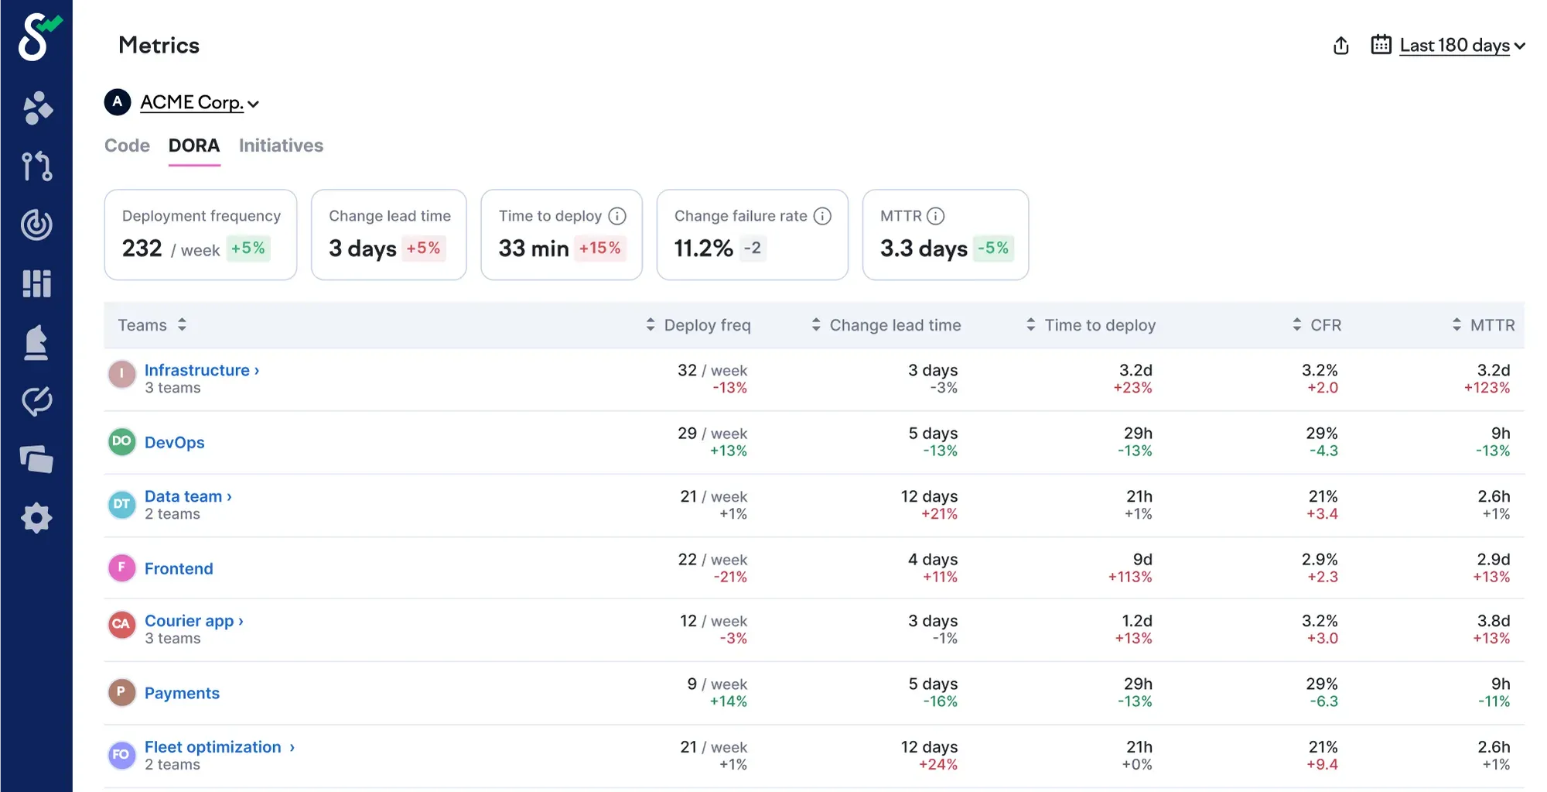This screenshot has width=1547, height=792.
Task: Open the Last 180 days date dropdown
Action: [1454, 46]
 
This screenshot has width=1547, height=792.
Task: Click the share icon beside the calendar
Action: [1341, 46]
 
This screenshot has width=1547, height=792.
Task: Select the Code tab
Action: [127, 146]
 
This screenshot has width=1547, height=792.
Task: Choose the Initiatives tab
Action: [281, 146]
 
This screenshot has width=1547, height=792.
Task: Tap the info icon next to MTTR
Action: [935, 216]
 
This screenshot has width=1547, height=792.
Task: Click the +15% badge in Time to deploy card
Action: [599, 249]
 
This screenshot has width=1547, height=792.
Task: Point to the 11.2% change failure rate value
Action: [703, 249]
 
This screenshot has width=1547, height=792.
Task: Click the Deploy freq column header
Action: [706, 325]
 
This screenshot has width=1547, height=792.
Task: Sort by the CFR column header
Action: [1325, 325]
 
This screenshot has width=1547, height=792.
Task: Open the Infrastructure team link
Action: [197, 370]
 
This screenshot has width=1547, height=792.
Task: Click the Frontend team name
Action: [179, 568]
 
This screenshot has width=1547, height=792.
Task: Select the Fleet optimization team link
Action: [213, 747]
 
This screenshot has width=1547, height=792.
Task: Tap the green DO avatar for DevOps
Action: [121, 441]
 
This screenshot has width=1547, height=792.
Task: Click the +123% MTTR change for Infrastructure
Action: [1486, 388]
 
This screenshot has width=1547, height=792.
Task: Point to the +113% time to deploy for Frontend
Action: [1129, 577]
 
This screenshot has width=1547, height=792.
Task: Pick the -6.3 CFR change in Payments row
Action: [1323, 701]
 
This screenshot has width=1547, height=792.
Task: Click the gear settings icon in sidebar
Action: [36, 518]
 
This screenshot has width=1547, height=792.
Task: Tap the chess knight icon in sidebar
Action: [36, 343]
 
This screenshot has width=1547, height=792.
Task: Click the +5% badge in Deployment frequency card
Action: [248, 249]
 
